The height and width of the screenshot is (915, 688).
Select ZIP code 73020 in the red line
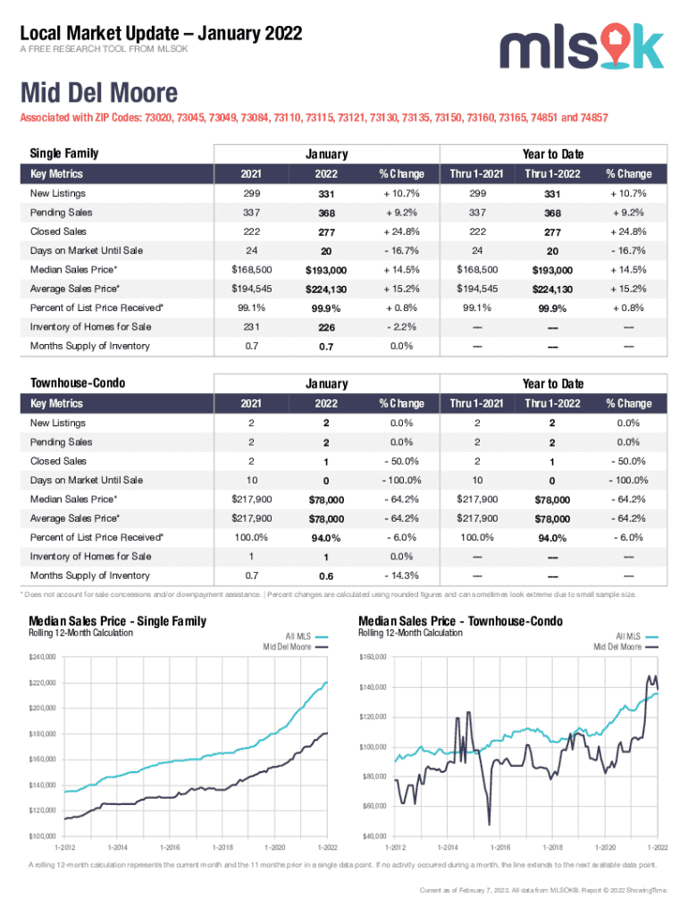162,118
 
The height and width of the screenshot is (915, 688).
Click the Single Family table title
64,154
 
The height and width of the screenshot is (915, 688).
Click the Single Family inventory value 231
252,326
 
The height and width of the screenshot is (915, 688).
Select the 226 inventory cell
326,327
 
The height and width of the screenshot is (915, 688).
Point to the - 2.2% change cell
400,326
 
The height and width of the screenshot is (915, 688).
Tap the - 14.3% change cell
400,575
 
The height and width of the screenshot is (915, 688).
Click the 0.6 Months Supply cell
326,576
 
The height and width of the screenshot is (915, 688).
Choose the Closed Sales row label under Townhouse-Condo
59,461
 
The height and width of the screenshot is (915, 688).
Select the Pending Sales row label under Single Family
62,213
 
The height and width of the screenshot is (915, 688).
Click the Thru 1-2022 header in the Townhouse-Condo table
552,404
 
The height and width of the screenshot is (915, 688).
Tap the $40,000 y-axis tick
373,836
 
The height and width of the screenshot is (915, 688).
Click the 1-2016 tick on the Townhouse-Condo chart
499,846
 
